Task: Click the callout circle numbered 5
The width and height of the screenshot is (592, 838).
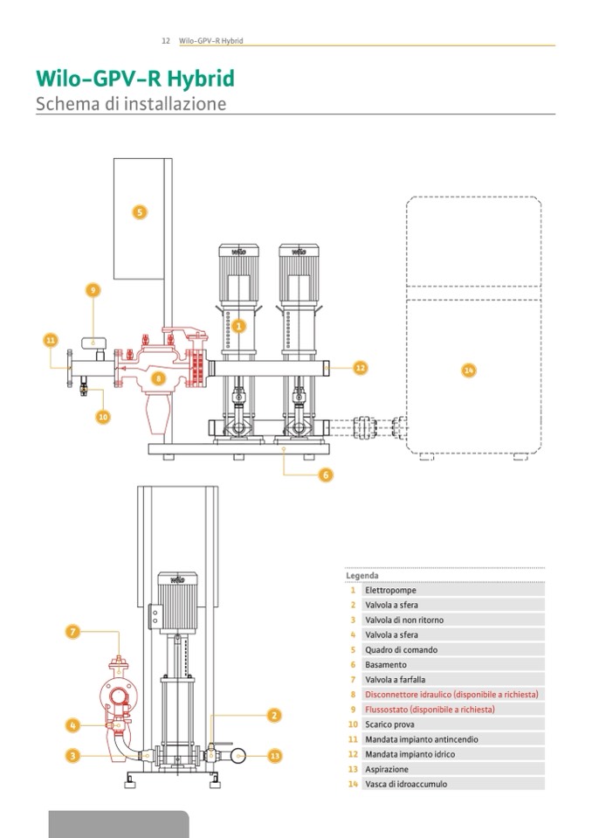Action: coord(139,211)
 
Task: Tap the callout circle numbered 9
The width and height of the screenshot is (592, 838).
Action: coord(94,291)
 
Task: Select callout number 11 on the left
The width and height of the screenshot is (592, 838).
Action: coord(50,339)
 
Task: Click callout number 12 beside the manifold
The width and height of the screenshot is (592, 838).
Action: coord(360,369)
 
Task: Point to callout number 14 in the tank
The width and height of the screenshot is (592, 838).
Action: coord(469,371)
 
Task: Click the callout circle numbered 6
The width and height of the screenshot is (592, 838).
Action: coord(326,475)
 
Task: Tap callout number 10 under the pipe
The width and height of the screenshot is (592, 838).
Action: coord(103,417)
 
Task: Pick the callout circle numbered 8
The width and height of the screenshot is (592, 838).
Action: coord(158,378)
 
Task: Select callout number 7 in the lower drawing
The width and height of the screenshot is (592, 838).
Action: coord(73,630)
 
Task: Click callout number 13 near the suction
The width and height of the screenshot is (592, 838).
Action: coord(276,755)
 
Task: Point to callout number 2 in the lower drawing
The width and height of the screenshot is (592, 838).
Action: coord(274,715)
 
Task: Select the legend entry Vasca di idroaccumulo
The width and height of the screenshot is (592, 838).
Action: coord(405,784)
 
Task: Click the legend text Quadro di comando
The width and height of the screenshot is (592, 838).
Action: coord(401,649)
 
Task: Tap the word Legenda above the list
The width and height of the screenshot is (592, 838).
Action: coord(362,576)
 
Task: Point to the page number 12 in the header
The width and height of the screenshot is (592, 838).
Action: coord(165,41)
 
